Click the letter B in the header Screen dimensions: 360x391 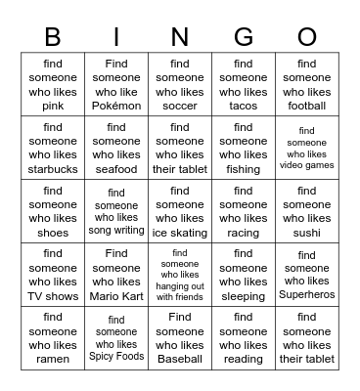coord(53,37)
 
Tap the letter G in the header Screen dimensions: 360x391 coord(244,37)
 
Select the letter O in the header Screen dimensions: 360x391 coord(307,37)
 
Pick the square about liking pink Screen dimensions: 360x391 coord(53,85)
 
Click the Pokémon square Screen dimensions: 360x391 coord(116,85)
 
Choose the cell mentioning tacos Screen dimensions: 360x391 coord(244,85)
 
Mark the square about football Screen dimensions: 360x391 coord(307,85)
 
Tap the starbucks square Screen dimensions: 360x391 coord(53,148)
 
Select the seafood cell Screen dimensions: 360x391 coord(116,148)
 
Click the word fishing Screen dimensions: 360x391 coord(244,169)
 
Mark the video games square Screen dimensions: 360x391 coord(307,148)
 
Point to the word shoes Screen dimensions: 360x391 coord(53,233)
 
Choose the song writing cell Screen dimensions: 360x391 coord(116,211)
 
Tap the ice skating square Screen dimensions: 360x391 coord(180,211)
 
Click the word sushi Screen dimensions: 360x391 coord(307,233)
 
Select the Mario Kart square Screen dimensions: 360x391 coord(116,275)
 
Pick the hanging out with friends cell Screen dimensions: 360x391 coord(180,275)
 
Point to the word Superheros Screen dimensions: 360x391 coord(307,295)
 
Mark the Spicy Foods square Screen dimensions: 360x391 coord(116,338)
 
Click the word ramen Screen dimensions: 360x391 coord(53,359)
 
